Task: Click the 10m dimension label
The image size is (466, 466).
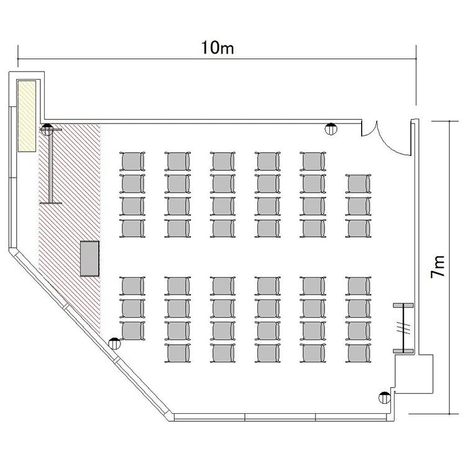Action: point(217,48)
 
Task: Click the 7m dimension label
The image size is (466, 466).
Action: point(438,267)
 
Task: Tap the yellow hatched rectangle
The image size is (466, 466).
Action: point(27,116)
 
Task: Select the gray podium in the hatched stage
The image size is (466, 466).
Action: point(89,258)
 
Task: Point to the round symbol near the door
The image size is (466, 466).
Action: point(331,129)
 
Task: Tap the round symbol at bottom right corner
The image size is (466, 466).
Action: point(385,398)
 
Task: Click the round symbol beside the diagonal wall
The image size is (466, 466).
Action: point(115,344)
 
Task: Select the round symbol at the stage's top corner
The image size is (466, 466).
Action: point(47,129)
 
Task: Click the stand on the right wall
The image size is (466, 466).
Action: point(403,328)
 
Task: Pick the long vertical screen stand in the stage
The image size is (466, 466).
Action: point(51,167)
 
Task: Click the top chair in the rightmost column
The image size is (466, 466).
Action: point(358,184)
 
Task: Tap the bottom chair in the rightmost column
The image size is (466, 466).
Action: point(358,353)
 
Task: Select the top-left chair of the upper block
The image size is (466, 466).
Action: point(132,161)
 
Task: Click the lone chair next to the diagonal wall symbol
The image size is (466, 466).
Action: point(132,331)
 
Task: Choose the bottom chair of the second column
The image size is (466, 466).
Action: point(178,353)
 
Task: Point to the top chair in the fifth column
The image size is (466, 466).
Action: point(313,161)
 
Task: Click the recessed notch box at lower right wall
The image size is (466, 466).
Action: point(414,373)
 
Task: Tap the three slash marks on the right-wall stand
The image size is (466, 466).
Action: point(404,329)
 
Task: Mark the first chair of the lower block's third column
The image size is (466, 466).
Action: point(222,286)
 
